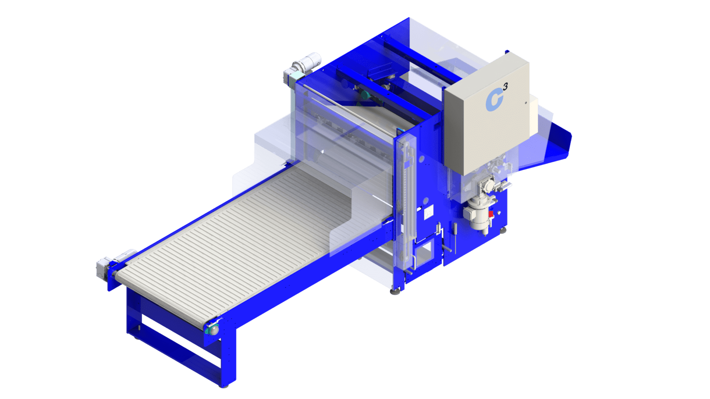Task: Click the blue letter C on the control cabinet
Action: click(x=494, y=100)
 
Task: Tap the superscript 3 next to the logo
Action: click(x=505, y=86)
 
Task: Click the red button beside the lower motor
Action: click(x=491, y=215)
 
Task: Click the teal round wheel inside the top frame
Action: click(x=365, y=95)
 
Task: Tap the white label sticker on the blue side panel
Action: click(x=428, y=212)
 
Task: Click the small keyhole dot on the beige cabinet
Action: click(x=526, y=103)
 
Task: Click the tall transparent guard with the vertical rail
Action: click(x=404, y=199)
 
